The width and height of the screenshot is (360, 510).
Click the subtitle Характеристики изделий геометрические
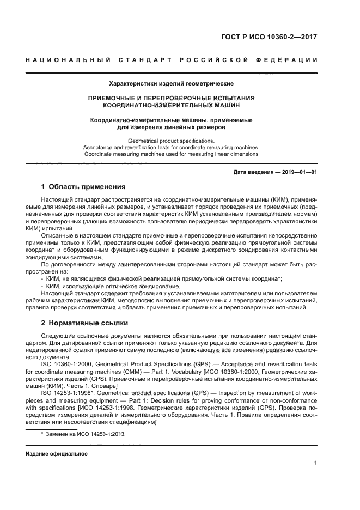pos(172,84)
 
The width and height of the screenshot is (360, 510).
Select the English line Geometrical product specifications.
pos(172,141)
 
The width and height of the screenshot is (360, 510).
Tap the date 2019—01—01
pos(298,173)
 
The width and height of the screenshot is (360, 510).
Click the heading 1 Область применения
pos(83,187)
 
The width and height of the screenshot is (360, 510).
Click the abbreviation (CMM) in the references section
pos(128,371)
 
